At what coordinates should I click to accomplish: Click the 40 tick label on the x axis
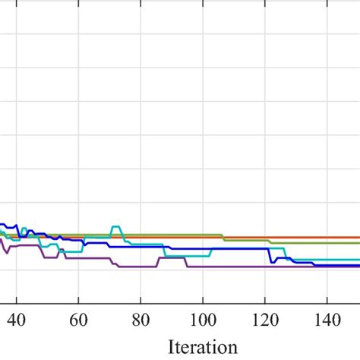click(x=17, y=321)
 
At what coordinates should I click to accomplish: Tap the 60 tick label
click(x=78, y=321)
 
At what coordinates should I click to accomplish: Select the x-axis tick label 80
click(x=141, y=321)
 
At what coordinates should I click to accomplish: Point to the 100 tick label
click(x=203, y=321)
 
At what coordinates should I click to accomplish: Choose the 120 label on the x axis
click(x=265, y=321)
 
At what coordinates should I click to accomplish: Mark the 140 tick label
click(x=327, y=321)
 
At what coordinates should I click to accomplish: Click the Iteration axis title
click(x=203, y=347)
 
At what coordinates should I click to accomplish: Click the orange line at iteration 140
click(x=327, y=238)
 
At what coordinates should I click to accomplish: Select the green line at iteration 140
click(x=327, y=243)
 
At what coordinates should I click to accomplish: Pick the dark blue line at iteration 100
click(x=203, y=248)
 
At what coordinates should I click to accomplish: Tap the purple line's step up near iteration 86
click(x=159, y=262)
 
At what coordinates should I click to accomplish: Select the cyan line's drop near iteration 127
click(x=286, y=254)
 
